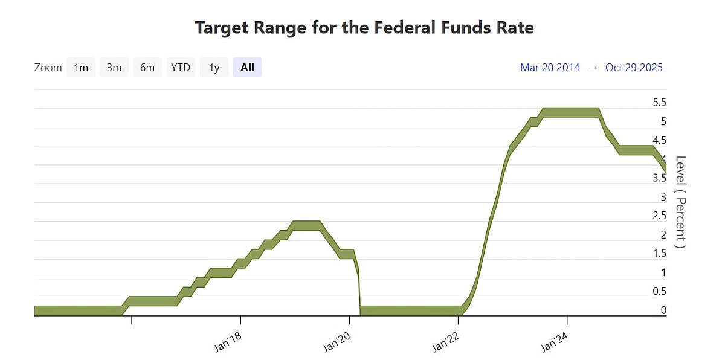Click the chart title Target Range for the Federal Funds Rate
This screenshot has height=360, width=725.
[364, 28]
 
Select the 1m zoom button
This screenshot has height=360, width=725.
[81, 68]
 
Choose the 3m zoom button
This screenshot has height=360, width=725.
[114, 68]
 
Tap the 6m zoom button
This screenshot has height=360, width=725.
[147, 68]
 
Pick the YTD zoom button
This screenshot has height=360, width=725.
[181, 68]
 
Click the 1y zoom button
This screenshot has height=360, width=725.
[214, 68]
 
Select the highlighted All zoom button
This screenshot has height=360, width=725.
[247, 68]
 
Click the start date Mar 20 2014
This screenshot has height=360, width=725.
[550, 68]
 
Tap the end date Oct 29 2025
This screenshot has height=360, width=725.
[634, 68]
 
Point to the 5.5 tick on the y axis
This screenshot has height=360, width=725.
[660, 103]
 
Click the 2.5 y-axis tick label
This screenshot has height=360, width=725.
[660, 216]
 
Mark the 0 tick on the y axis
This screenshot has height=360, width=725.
[663, 310]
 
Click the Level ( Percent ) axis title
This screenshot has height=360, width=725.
[681, 202]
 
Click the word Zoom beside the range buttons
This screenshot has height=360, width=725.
[48, 68]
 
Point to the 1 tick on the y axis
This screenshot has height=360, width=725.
[663, 272]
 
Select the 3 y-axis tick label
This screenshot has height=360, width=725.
[663, 197]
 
